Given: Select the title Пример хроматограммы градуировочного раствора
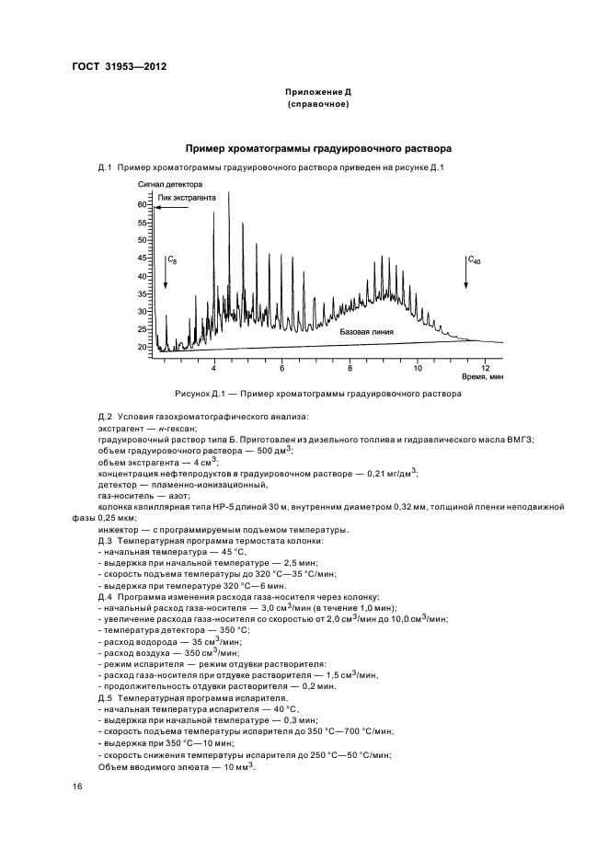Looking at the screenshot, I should [x=318, y=148].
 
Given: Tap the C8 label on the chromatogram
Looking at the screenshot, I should [x=172, y=262].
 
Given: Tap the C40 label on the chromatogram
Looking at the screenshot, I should [x=474, y=261].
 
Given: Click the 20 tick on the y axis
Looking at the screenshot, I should [x=143, y=347].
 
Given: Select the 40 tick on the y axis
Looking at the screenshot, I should [x=143, y=276].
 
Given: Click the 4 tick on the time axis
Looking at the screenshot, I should [x=213, y=367].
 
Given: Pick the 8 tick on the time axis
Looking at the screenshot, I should [x=350, y=367].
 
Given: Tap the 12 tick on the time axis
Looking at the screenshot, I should [x=485, y=367].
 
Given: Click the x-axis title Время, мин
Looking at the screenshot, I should [x=483, y=377].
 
